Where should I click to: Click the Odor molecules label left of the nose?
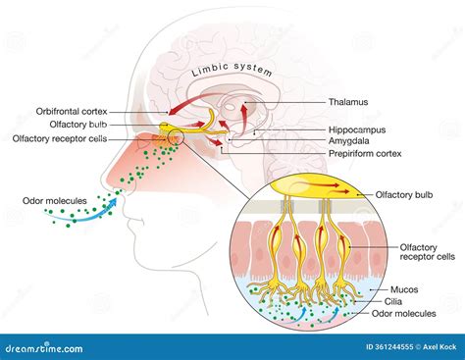(x=55, y=201)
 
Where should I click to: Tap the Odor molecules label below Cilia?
(x=405, y=315)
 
